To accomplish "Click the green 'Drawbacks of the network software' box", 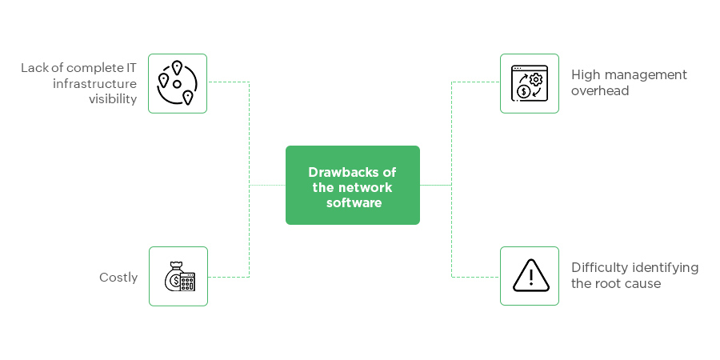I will coord(352,185).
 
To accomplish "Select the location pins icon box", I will coord(178,83).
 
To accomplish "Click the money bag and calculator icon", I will coord(178,276).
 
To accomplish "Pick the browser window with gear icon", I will coord(529,83).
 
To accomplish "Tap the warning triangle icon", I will coord(529,275).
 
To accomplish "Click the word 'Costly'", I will coord(118,278).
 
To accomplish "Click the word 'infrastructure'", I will coord(94,83).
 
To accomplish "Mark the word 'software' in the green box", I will coord(354,202).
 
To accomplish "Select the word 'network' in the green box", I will coord(369,187).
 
